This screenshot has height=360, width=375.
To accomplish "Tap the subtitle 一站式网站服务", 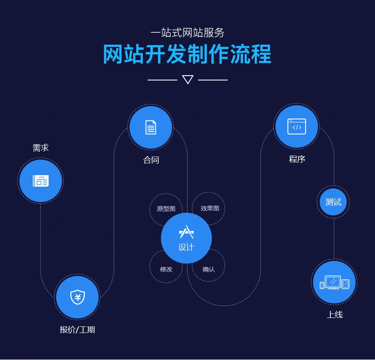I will (x=187, y=33).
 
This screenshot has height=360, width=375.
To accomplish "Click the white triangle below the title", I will (x=187, y=80).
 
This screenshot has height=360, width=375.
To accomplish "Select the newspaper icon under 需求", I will (x=41, y=180).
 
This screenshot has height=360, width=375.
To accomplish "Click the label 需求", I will (x=41, y=148).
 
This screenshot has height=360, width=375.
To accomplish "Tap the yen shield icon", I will (x=77, y=297).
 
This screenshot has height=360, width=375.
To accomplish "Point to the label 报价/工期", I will (x=77, y=329).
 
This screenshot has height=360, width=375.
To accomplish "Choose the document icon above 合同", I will (x=151, y=127).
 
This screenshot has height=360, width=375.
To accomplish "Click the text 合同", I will (x=151, y=160).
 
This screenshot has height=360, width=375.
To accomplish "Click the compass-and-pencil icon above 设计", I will (x=186, y=232).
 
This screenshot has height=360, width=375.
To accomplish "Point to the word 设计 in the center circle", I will (x=186, y=247).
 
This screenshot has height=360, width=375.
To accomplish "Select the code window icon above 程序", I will (x=296, y=126).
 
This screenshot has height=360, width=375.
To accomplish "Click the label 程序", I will (x=297, y=159).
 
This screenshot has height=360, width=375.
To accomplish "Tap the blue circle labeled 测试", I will (x=333, y=202).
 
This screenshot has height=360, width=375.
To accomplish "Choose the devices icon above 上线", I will (x=334, y=282).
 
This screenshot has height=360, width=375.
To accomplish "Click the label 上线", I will (x=334, y=315).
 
